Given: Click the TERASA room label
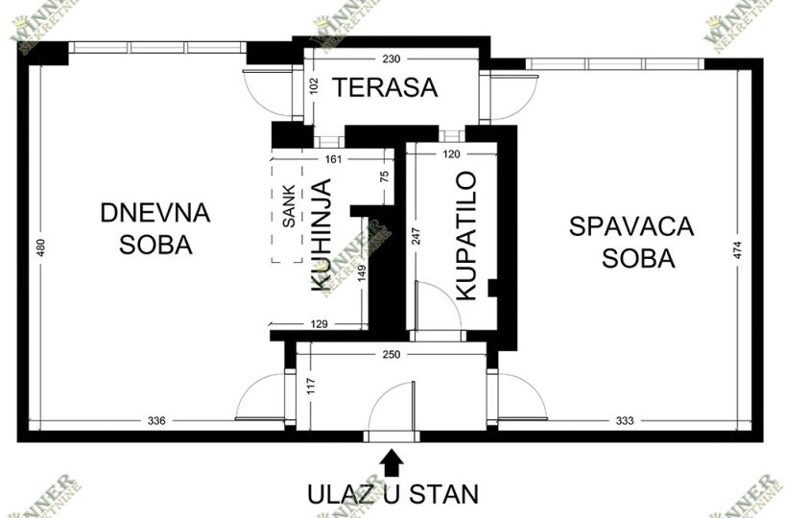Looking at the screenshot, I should (x=385, y=88).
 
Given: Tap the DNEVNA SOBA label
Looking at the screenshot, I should (x=155, y=227).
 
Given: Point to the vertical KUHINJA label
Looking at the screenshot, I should (x=321, y=235).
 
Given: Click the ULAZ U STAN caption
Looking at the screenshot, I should (x=392, y=495).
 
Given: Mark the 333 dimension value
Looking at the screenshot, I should (x=625, y=420).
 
